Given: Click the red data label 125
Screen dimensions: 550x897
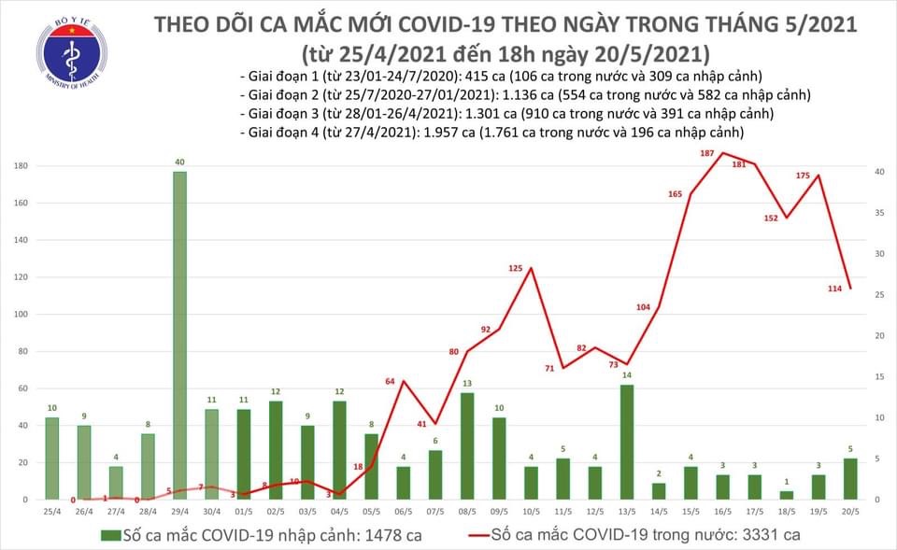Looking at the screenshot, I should tap(516, 269).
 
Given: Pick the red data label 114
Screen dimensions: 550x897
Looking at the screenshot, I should tap(835, 289).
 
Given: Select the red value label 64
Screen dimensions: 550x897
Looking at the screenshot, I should tap(392, 381).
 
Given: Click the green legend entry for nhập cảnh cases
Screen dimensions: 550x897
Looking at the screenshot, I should tap(248, 535).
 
